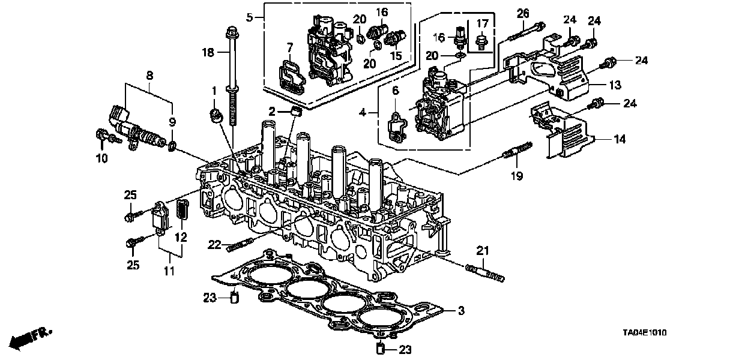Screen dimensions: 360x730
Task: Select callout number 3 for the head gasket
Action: point(461,310)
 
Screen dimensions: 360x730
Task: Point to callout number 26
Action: point(523,13)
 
